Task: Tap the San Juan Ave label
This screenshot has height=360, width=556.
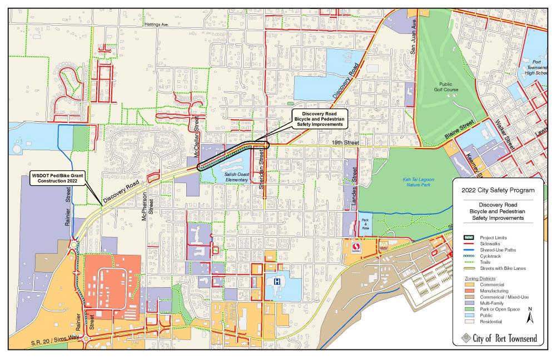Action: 413,38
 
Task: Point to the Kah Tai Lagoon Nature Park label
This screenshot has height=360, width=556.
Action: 422,183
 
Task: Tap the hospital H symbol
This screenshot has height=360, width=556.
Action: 276,282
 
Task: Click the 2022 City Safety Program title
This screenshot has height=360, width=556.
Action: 498,190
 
